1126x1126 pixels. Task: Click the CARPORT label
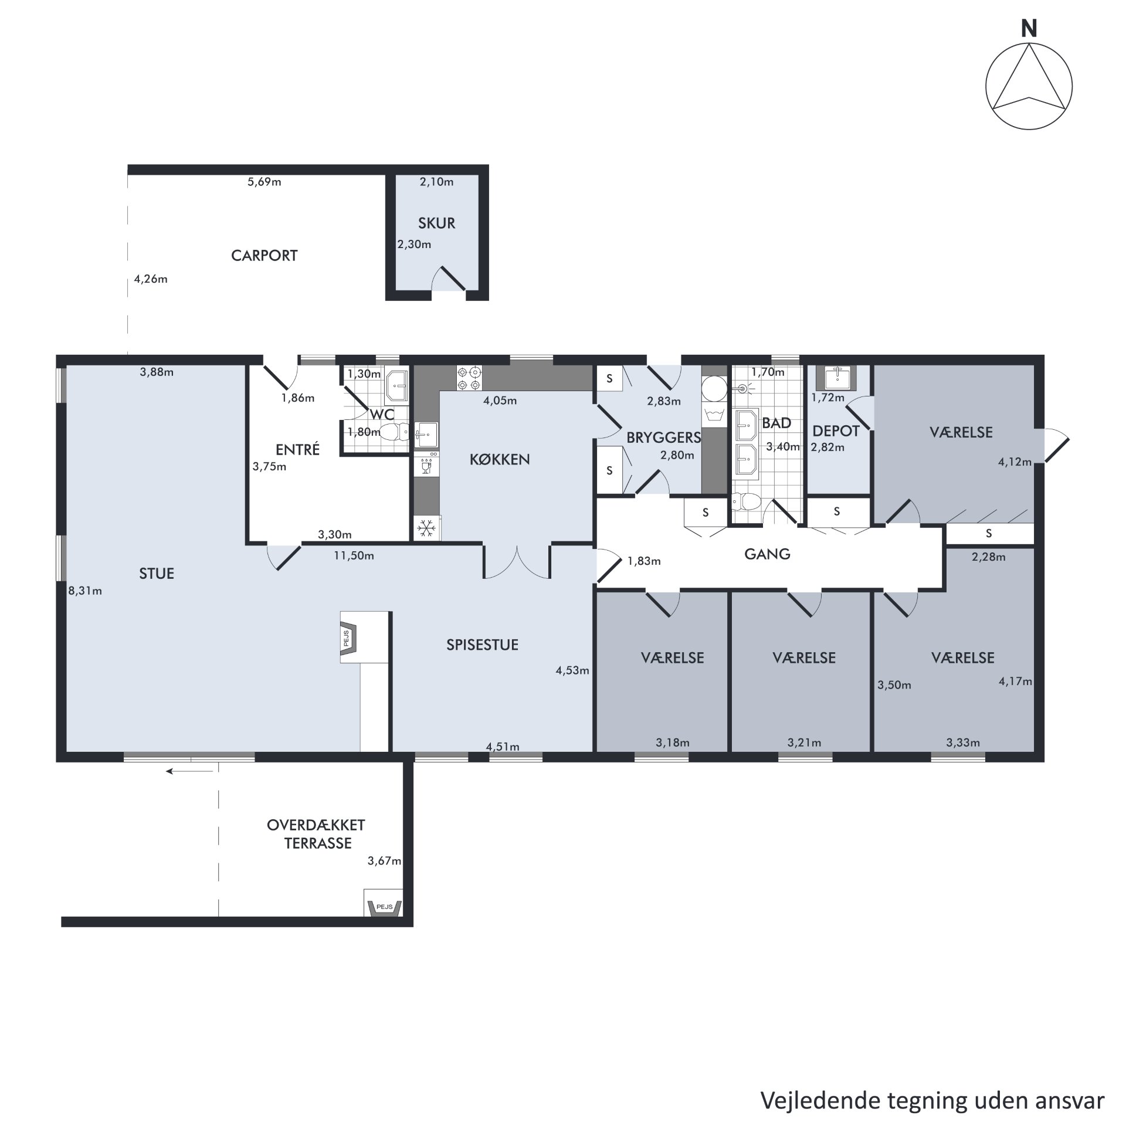tap(264, 256)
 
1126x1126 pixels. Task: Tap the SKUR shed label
tap(436, 223)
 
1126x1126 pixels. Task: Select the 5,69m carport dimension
tap(264, 182)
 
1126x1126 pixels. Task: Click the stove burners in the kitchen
tap(469, 378)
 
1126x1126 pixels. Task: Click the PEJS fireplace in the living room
tap(350, 637)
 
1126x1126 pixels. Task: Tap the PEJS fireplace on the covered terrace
tap(384, 907)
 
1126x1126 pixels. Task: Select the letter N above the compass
tap(1029, 29)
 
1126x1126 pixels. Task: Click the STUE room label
tap(157, 574)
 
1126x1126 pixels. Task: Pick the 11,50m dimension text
tap(354, 555)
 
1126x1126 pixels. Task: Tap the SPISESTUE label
tap(482, 645)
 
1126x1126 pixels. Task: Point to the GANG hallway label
tap(767, 554)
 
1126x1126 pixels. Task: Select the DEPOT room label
tap(836, 431)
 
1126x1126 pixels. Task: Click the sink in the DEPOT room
tap(836, 378)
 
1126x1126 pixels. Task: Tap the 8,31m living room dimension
tap(85, 591)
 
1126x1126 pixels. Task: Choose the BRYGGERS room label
tap(664, 437)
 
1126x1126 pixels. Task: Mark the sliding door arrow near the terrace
tap(189, 771)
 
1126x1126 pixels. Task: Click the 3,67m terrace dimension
tap(384, 861)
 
